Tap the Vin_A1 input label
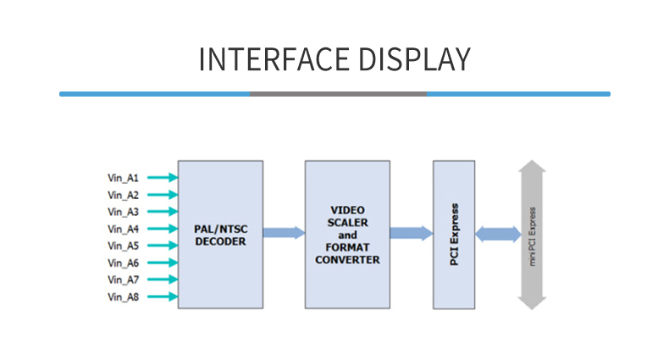click(123, 178)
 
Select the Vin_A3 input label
click(123, 212)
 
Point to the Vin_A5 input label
click(123, 246)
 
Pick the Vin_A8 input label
click(123, 296)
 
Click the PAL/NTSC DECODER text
click(220, 235)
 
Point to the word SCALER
click(347, 222)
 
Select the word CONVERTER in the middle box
click(347, 259)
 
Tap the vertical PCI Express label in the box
click(455, 234)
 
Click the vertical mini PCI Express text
click(533, 234)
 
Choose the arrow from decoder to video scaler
click(284, 231)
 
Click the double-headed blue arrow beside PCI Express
click(498, 234)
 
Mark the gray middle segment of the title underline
click(339, 94)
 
